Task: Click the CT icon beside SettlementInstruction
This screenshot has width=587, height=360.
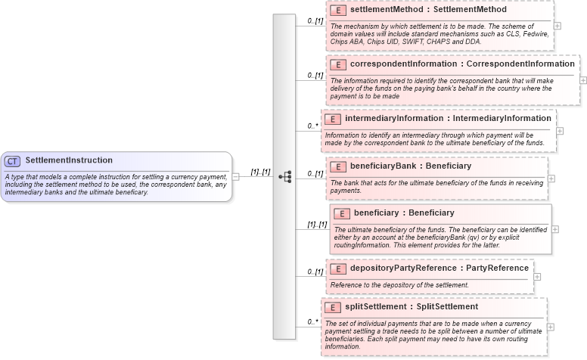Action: (12, 161)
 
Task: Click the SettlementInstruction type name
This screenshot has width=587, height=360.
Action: (69, 160)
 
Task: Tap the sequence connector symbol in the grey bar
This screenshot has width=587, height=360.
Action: (284, 176)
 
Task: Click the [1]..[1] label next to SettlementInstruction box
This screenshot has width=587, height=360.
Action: (260, 172)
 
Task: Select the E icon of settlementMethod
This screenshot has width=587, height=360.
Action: (339, 11)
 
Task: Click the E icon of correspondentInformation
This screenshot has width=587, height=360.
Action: (339, 64)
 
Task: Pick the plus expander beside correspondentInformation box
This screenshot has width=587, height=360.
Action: (582, 79)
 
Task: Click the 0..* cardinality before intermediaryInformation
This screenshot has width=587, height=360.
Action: (312, 126)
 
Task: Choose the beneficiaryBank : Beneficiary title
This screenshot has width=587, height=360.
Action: (411, 166)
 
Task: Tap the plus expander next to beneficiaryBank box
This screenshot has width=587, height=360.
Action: (551, 179)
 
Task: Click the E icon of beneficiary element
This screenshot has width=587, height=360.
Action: (343, 213)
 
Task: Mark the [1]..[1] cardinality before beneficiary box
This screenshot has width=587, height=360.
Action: (317, 225)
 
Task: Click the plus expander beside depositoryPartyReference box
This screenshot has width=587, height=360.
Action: (538, 276)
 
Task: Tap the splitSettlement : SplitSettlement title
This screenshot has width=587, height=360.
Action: (412, 307)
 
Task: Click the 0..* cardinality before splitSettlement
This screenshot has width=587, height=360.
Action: (312, 322)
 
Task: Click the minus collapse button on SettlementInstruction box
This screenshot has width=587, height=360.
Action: (236, 177)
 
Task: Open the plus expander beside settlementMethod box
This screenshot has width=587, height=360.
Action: (557, 25)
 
